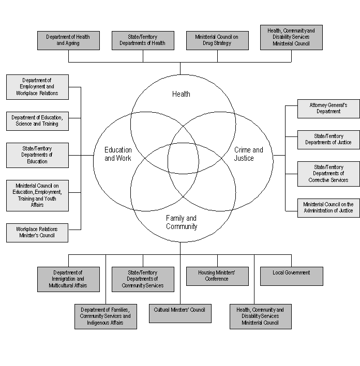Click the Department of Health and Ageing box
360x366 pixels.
coord(68,40)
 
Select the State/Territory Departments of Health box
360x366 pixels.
coord(143,40)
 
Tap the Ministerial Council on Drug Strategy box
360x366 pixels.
coord(217,40)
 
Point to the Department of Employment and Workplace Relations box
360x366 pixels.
coord(37,87)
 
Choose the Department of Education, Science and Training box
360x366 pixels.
coord(37,121)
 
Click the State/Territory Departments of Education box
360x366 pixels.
coord(37,155)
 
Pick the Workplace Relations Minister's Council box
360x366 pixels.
coord(37,233)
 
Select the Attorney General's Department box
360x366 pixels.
coord(328,109)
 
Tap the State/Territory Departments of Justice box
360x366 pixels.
coord(328,140)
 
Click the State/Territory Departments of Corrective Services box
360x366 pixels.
coord(328,174)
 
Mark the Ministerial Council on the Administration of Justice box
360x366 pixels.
coord(328,208)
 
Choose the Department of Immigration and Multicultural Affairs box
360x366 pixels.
coord(68,279)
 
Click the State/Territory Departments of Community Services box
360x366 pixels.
coord(143,279)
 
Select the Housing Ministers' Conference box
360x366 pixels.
coord(217,276)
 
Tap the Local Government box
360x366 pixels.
coord(292,276)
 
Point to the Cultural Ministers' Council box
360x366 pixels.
coord(180,313)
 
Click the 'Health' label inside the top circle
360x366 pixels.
coord(181,94)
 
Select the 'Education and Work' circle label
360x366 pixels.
coord(118,154)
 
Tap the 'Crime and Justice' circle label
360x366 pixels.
coord(248,154)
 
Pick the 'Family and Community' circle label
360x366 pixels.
coord(182,222)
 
